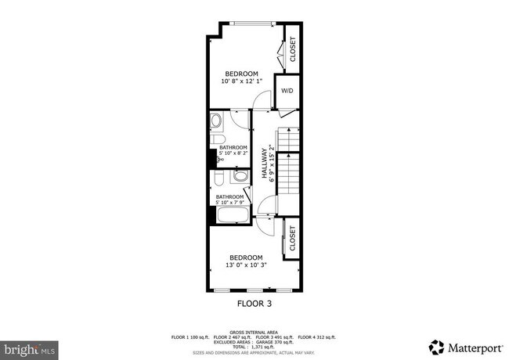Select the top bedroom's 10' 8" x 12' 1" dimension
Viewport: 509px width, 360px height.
pos(241,81)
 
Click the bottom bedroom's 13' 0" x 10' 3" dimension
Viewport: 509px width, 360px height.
pos(246,265)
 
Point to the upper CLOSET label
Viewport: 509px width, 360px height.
pos(293,49)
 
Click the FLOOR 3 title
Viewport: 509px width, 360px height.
pos(254,302)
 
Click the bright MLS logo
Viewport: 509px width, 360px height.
pos(28,346)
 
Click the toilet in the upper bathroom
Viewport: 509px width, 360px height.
pos(215,121)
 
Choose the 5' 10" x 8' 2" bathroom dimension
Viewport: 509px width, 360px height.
pos(233,154)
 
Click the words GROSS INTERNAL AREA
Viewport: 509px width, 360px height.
pos(254,332)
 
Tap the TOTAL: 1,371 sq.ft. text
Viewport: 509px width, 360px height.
pos(254,345)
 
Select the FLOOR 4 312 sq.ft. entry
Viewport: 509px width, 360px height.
pos(317,337)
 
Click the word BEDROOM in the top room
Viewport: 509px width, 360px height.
pos(241,74)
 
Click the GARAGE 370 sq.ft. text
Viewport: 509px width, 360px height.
pos(275,341)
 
